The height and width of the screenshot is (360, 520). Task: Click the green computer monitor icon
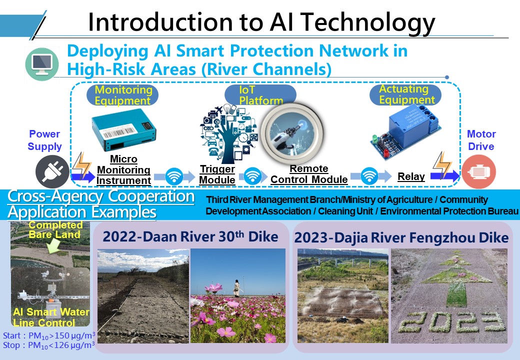(x=42, y=64)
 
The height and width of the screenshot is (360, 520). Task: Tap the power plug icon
(x=52, y=171)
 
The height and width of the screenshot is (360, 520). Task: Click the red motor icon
(x=478, y=171)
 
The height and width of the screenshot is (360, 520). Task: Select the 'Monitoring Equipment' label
(x=123, y=95)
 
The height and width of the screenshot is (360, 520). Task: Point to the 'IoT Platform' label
(x=260, y=95)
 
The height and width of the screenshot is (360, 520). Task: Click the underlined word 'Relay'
(x=411, y=176)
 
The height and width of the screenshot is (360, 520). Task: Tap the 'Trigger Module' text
(x=217, y=174)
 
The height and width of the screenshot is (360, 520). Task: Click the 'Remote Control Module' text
(x=309, y=174)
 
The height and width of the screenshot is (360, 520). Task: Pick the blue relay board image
(x=405, y=132)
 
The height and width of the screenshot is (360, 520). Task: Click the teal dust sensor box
(x=123, y=129)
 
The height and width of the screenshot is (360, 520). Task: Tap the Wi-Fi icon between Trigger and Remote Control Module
(x=252, y=175)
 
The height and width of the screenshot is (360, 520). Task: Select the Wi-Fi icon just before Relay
(x=369, y=175)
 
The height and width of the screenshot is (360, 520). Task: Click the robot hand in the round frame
(x=292, y=133)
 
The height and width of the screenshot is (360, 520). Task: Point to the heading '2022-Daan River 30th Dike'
(x=190, y=236)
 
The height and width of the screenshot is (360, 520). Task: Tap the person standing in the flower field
(x=237, y=288)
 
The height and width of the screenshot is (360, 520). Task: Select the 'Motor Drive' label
(x=481, y=140)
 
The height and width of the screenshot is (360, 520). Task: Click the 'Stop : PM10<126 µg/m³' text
(x=49, y=345)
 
